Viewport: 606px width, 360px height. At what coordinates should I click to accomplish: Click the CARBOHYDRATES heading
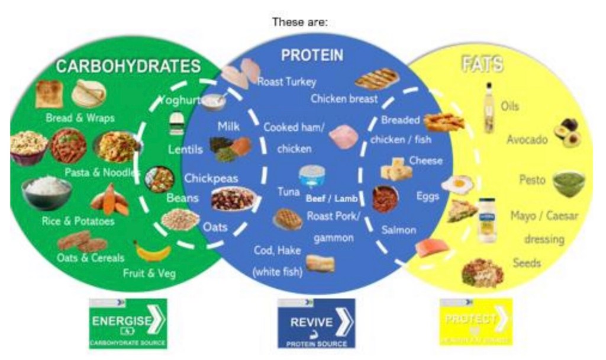coord(128,66)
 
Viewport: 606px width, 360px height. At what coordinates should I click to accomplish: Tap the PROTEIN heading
coord(312,56)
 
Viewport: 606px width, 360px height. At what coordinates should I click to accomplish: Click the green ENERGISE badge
coord(128,323)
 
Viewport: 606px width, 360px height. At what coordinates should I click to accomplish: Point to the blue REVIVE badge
coord(316,323)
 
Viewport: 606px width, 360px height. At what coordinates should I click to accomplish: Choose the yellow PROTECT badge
coord(475,322)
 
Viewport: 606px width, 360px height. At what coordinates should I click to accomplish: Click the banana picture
coord(152,251)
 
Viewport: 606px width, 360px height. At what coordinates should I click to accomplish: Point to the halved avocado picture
coord(566,132)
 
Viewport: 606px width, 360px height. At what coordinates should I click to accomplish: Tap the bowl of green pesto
coord(568,183)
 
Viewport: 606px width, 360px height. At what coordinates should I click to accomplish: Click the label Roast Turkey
coord(286,82)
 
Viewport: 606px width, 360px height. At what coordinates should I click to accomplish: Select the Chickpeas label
coord(211,178)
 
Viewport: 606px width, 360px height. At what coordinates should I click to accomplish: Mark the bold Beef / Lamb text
coord(331,198)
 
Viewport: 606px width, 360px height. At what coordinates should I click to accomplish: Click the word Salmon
coord(398,230)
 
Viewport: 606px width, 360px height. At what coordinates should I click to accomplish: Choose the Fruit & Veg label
coord(149,274)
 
